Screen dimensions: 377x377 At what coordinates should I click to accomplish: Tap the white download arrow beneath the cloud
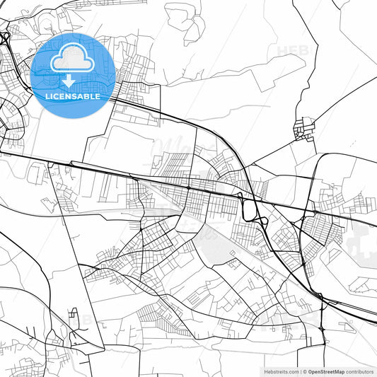coord(68,81)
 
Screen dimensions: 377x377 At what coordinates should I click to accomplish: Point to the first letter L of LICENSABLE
coord(47,95)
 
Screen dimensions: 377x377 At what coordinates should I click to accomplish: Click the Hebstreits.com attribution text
coord(281,371)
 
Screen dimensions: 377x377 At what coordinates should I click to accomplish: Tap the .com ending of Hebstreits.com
coord(292,371)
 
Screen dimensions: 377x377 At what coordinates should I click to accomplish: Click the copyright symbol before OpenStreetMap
coord(305,371)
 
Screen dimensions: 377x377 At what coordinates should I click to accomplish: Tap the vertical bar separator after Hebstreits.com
coord(301,371)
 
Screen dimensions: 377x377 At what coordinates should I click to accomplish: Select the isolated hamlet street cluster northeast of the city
coord(305,128)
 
